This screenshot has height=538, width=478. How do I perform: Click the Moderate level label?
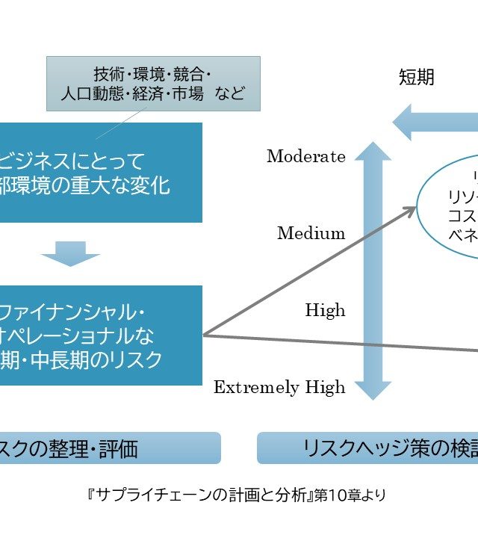pyautogui.click(x=305, y=157)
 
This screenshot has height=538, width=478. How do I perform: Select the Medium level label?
pyautogui.click(x=311, y=233)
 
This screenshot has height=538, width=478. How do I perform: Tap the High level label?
pyautogui.click(x=325, y=310)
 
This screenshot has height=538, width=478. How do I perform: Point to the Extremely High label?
pyautogui.click(x=279, y=387)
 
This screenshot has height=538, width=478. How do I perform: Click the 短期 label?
pyautogui.click(x=416, y=78)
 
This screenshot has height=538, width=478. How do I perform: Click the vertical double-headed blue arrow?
pyautogui.click(x=373, y=270)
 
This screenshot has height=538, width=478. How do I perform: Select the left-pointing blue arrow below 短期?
pyautogui.click(x=433, y=123)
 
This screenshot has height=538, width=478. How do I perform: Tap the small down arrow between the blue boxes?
pyautogui.click(x=70, y=253)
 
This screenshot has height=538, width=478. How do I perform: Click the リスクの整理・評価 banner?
pyautogui.click(x=105, y=448)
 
